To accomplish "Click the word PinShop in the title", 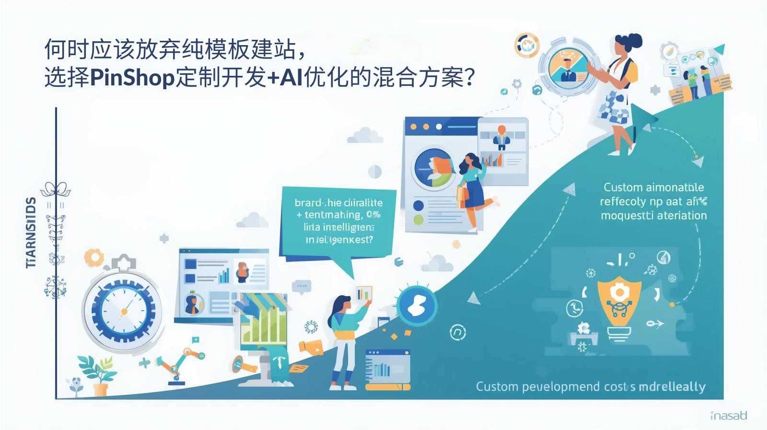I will point(132,77).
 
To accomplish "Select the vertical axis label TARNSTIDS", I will point(31,232).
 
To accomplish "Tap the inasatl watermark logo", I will point(728,415).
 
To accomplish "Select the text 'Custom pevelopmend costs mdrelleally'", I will point(590,387).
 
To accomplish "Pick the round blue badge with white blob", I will point(417,306).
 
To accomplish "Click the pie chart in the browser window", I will point(433,167).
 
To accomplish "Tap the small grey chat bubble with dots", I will point(302,287).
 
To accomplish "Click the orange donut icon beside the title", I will point(526,46).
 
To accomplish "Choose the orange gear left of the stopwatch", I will point(94,258).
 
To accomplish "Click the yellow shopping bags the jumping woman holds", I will point(462,197).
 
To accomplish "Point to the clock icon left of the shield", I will point(574,308).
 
